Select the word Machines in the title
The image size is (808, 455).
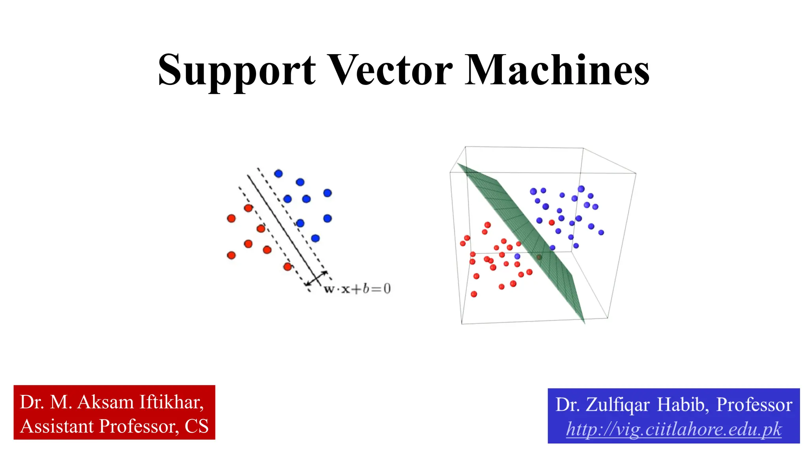point(557,70)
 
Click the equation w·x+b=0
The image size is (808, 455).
point(357,289)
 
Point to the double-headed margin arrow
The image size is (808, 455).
point(316,278)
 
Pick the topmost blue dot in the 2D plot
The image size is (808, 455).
point(278,173)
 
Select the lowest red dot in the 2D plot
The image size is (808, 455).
point(288,267)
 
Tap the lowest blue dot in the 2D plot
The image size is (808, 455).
point(315,238)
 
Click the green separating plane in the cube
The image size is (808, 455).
point(525,229)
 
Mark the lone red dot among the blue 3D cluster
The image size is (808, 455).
point(552,222)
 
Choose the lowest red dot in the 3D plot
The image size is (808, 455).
point(474,294)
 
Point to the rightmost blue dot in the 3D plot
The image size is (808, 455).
point(601,233)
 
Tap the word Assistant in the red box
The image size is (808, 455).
point(57,426)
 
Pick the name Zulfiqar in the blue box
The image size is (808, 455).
point(617,405)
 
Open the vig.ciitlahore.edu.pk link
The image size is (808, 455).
point(673,429)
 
